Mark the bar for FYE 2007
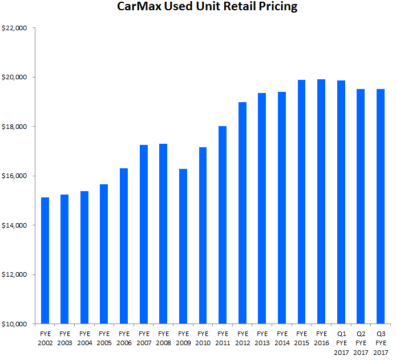[x=144, y=234]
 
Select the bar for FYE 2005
[x=104, y=254]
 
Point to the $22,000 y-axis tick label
[x=17, y=28]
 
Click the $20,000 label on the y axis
[x=17, y=77]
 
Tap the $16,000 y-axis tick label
[x=17, y=176]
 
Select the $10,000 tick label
[x=17, y=324]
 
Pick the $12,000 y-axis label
[x=17, y=274]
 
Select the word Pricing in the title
[x=277, y=7]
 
